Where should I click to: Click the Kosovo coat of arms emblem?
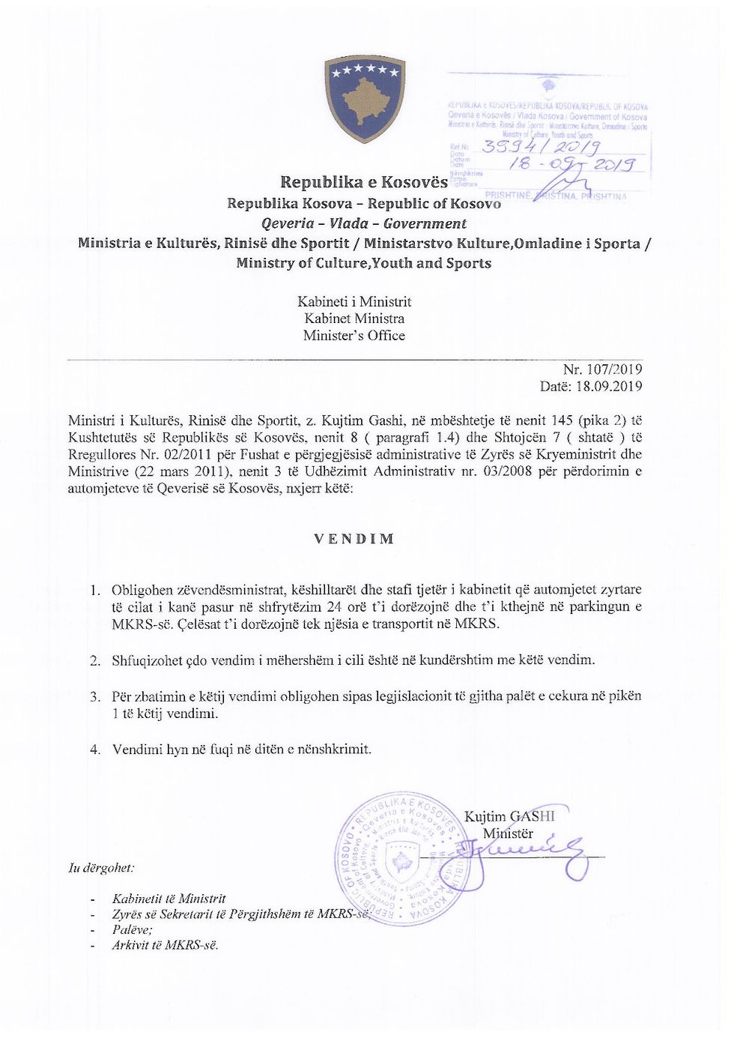(365, 98)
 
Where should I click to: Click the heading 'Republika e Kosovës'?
(364, 182)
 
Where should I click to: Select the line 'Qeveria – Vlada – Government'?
(364, 223)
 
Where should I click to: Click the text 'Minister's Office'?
(354, 336)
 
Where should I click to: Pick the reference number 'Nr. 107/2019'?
(602, 369)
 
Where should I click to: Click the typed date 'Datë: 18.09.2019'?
(591, 387)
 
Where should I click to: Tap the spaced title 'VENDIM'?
(354, 539)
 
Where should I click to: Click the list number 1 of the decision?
(95, 591)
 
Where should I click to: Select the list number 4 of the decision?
(95, 749)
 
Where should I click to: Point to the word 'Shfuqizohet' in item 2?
(147, 660)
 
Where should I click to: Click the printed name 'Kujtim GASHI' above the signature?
(509, 816)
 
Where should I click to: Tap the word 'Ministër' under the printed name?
(508, 833)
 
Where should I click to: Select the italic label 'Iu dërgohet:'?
(101, 868)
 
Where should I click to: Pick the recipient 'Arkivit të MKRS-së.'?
(166, 945)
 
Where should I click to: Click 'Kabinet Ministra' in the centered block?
(354, 319)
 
